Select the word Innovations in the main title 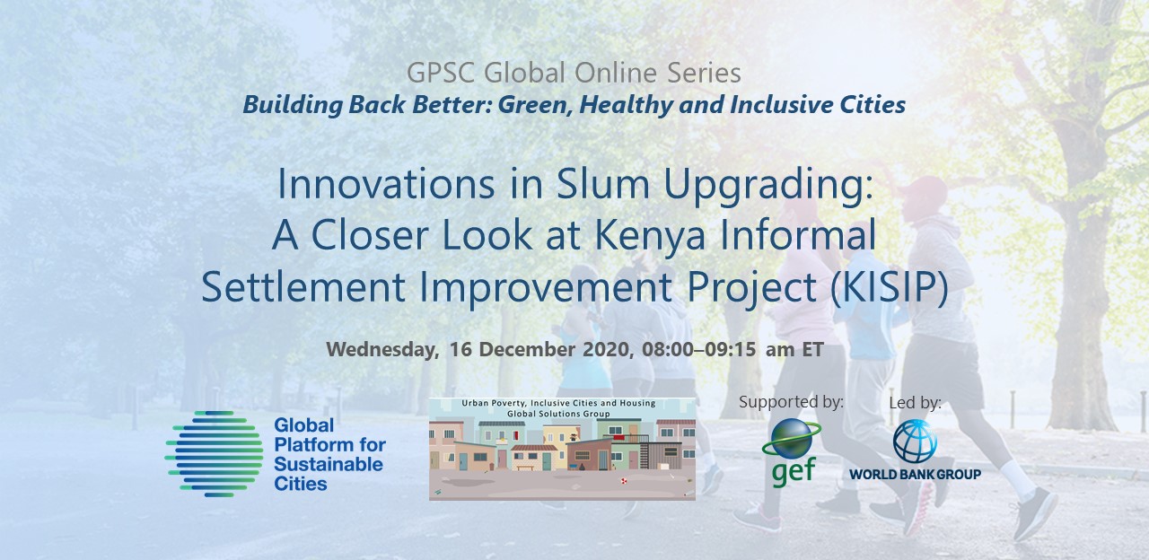(386, 184)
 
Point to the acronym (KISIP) (889, 286)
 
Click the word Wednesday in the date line (382, 350)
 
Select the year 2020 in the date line (607, 349)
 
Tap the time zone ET (813, 349)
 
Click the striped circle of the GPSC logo (215, 454)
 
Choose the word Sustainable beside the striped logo (329, 464)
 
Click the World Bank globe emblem (915, 441)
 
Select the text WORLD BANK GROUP (915, 475)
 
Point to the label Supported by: (791, 402)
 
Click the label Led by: (915, 403)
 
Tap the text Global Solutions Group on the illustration (558, 414)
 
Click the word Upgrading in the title (767, 186)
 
